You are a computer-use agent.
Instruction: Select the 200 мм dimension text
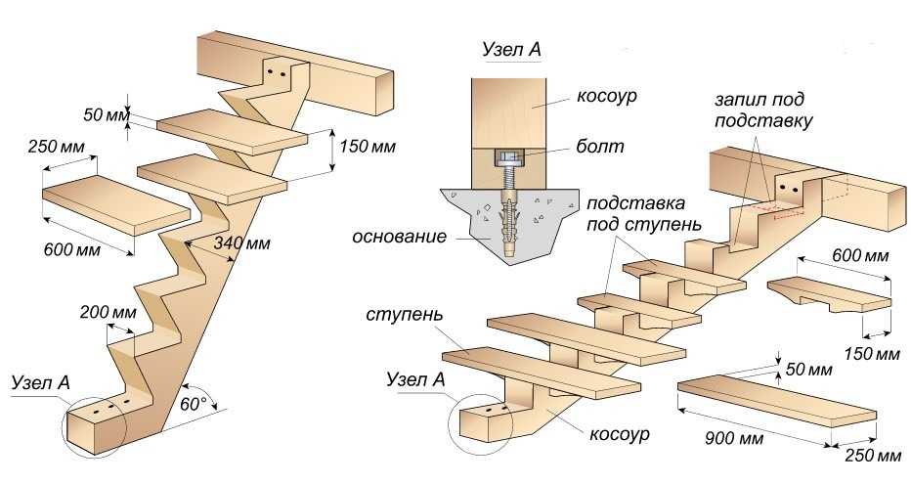click(x=108, y=313)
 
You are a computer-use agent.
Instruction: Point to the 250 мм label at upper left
click(x=58, y=148)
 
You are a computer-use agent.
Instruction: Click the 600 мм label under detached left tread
click(x=70, y=249)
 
